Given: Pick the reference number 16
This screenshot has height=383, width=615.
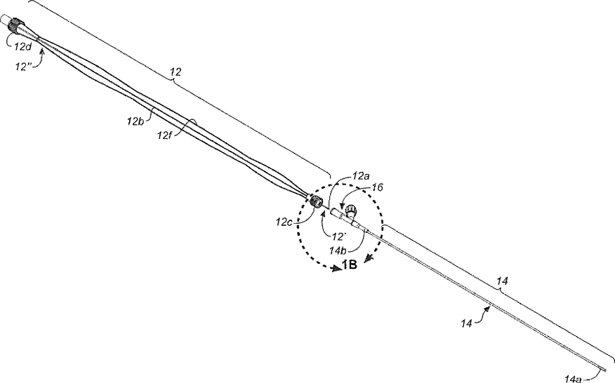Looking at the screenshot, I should pos(378,187).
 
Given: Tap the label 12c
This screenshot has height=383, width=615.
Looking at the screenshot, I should pos(284,222).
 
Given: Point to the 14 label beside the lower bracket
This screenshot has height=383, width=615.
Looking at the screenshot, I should pos(502,282).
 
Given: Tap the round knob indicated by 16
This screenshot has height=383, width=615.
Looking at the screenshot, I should pos(350,212).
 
